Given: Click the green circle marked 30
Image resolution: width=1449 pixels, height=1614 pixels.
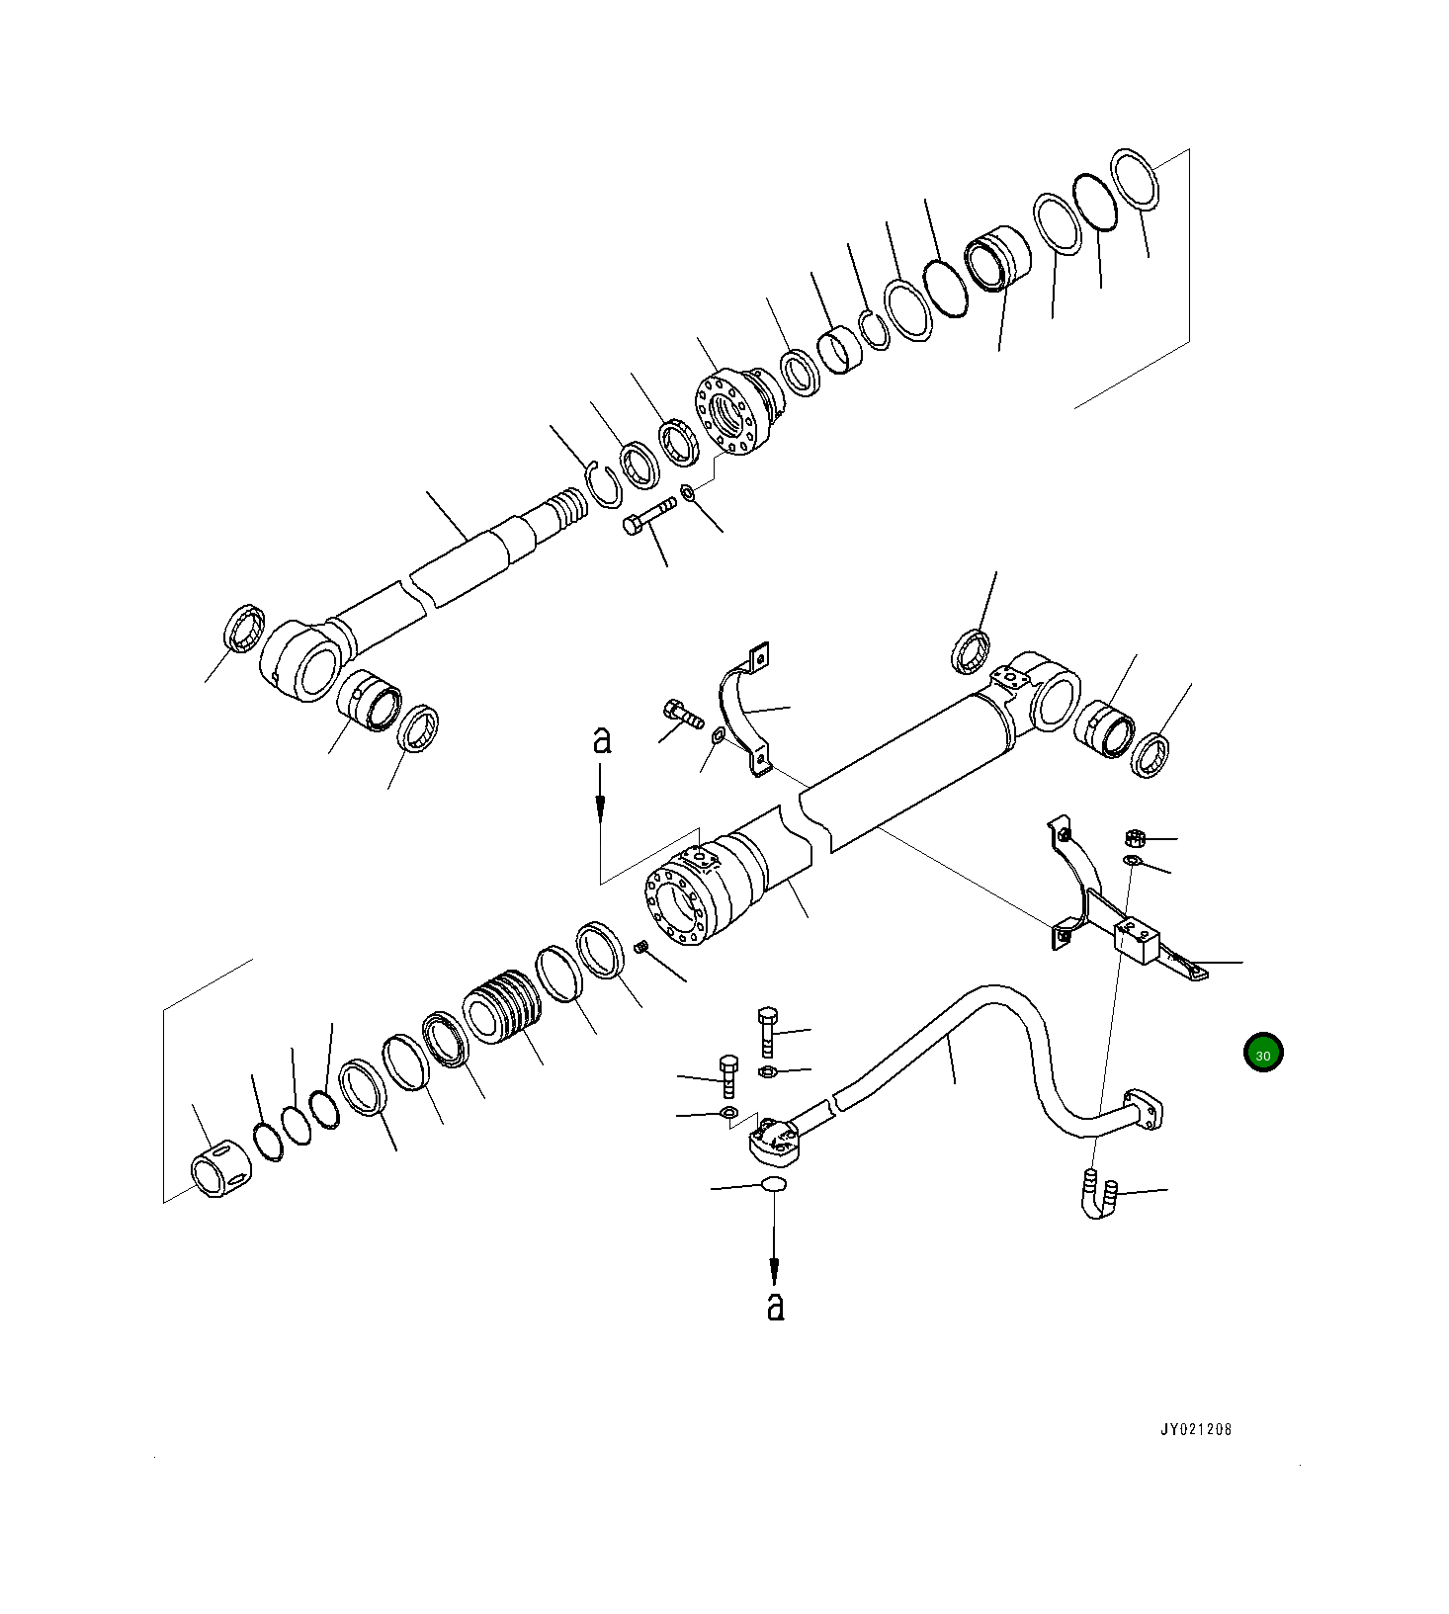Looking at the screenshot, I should click(1262, 1054).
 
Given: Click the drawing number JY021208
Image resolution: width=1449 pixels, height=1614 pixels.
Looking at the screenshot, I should click(1196, 1430).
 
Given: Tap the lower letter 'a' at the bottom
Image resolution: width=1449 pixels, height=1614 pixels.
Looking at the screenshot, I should click(776, 1306).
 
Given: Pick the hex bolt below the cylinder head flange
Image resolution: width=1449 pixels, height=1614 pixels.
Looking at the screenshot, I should click(648, 516).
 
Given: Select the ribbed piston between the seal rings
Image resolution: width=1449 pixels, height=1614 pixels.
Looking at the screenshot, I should click(503, 1007).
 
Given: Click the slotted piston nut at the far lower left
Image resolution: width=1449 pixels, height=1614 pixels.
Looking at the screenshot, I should click(219, 1167).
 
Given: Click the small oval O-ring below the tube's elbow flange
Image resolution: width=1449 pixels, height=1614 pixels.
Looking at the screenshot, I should click(774, 1185).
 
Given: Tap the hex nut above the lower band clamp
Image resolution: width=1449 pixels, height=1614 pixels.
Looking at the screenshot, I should click(1135, 839).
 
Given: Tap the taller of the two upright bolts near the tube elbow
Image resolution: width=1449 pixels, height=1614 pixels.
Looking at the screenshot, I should click(768, 1032).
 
